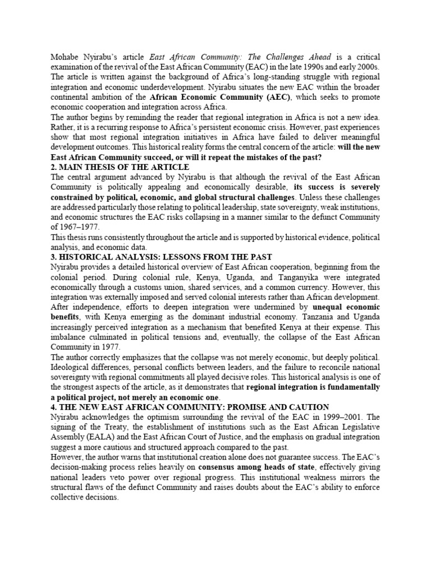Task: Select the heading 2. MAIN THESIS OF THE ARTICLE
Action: click(x=120, y=167)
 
